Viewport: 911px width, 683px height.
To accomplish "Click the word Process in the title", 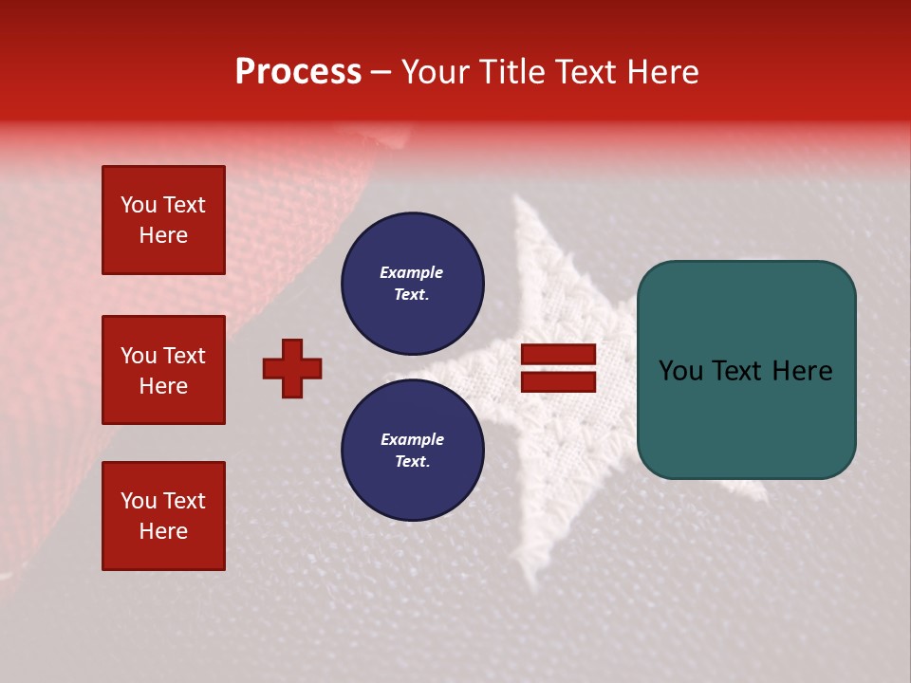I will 298,72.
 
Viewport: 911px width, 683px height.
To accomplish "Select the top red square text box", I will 163,220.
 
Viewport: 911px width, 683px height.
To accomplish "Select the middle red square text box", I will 163,370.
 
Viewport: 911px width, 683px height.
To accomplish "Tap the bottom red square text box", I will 163,516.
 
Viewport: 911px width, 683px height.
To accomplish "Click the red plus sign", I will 292,368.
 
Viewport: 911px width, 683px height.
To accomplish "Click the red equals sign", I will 558,368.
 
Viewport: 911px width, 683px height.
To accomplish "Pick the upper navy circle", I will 412,283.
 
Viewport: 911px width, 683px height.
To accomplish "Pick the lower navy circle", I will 412,450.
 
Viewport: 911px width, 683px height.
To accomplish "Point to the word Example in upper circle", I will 412,272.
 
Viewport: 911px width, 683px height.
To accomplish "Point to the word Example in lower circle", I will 412,439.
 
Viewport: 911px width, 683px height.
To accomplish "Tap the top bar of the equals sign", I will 558,355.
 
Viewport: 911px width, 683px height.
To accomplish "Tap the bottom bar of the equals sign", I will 558,381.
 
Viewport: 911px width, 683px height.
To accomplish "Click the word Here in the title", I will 660,72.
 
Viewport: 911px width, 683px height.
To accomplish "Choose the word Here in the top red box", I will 163,235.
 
